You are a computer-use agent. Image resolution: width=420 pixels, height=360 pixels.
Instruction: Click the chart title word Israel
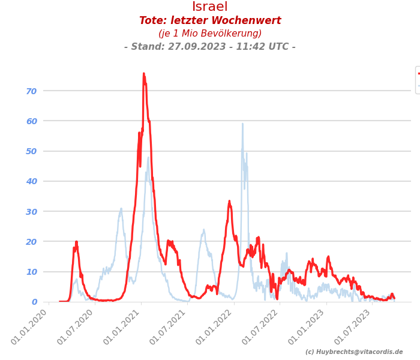point(210,7)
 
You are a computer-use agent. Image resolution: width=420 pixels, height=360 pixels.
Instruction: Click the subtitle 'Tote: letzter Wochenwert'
point(210,21)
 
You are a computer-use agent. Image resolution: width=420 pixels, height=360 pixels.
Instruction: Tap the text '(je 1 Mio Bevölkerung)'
point(210,34)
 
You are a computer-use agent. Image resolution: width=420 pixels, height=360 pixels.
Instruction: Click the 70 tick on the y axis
point(31,91)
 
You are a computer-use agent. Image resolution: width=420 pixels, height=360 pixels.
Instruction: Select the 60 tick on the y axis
point(31,121)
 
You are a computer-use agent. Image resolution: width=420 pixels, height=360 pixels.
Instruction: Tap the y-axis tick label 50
point(31,151)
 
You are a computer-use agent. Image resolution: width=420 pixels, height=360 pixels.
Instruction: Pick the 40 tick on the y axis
point(31,181)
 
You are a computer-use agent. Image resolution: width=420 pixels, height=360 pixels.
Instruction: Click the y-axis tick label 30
point(31,211)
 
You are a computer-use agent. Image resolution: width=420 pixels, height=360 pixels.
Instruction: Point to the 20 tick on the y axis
point(31,241)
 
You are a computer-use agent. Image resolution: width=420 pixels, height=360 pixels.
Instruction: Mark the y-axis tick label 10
point(31,272)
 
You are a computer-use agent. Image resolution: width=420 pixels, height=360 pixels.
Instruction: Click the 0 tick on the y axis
point(34,302)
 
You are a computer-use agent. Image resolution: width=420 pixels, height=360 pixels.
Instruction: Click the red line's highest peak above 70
point(144,74)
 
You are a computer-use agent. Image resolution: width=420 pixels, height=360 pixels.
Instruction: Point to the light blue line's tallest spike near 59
point(242,124)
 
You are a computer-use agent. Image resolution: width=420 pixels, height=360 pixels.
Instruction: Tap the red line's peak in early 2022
point(229,202)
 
